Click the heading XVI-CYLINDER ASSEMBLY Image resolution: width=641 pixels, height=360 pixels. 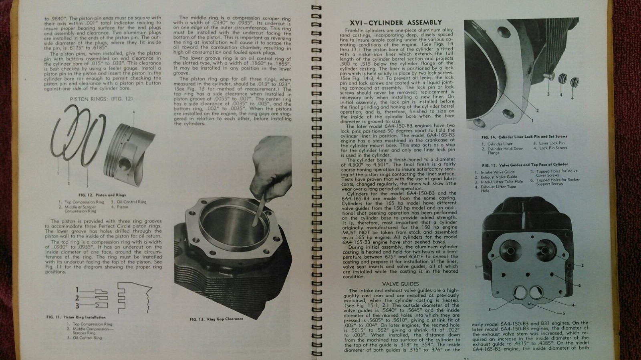(396, 22)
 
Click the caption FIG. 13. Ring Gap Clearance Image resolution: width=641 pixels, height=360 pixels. (216, 319)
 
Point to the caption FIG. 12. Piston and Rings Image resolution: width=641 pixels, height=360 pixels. (96, 195)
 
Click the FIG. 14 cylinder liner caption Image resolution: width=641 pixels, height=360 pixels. (524, 136)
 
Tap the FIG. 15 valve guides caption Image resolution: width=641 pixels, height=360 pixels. (525, 164)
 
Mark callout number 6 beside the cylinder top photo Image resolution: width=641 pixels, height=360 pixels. (579, 285)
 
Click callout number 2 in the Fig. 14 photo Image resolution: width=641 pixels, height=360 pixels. (537, 111)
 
